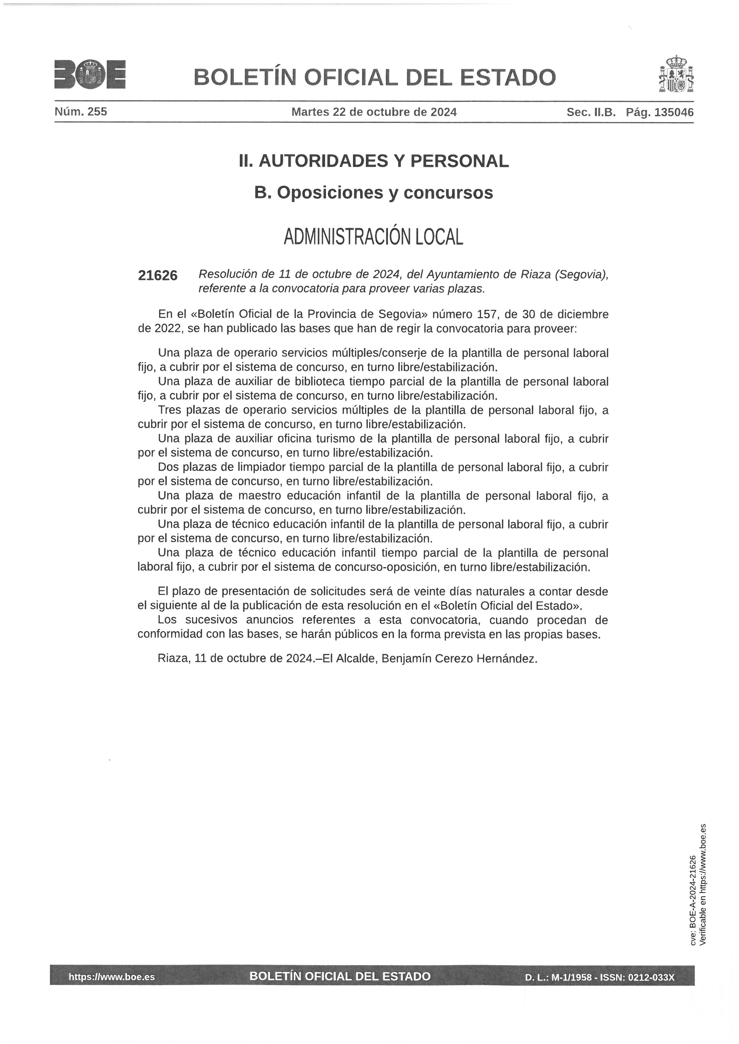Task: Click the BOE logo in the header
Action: coord(90,74)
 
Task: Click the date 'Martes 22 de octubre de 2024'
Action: coord(374,112)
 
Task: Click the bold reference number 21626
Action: coord(157,276)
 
